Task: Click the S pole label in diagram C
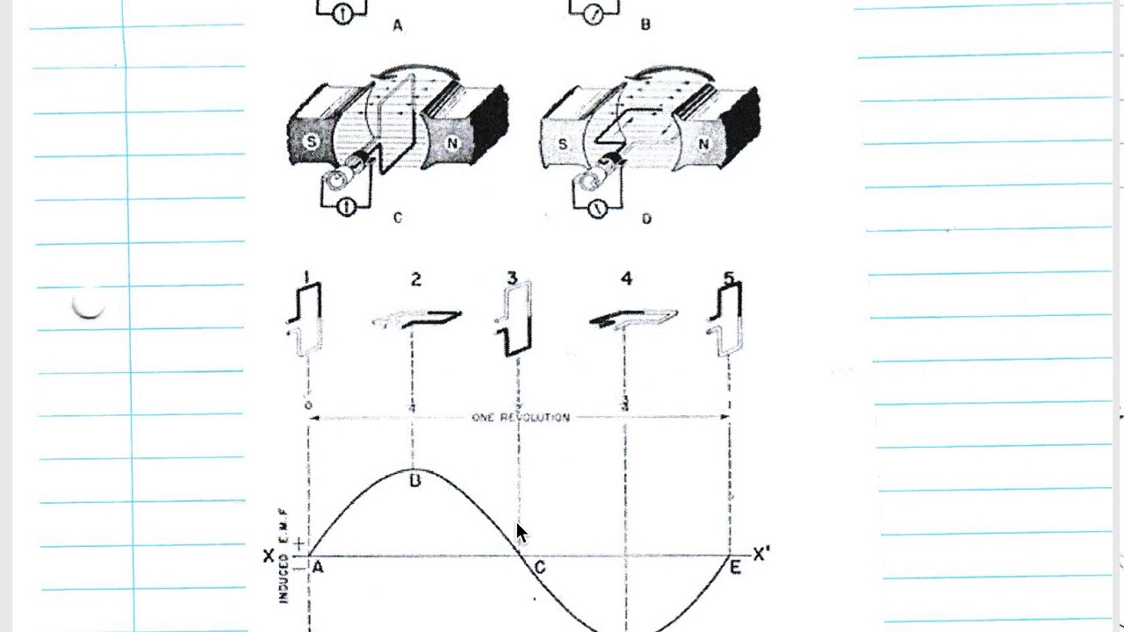[x=310, y=140]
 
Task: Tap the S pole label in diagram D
[x=563, y=143]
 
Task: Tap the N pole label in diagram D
[x=704, y=144]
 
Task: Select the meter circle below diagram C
[x=346, y=208]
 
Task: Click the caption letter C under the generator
[x=397, y=218]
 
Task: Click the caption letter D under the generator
[x=646, y=219]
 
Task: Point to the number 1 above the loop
[x=306, y=278]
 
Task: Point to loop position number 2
[x=415, y=279]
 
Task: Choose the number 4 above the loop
[x=626, y=279]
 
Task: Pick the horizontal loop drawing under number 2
[x=418, y=318]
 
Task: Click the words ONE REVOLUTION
[x=521, y=418]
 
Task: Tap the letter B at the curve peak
[x=415, y=480]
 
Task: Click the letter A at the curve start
[x=318, y=567]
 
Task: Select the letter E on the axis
[x=735, y=568]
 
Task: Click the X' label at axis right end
[x=761, y=555]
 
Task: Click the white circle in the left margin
[x=88, y=304]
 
